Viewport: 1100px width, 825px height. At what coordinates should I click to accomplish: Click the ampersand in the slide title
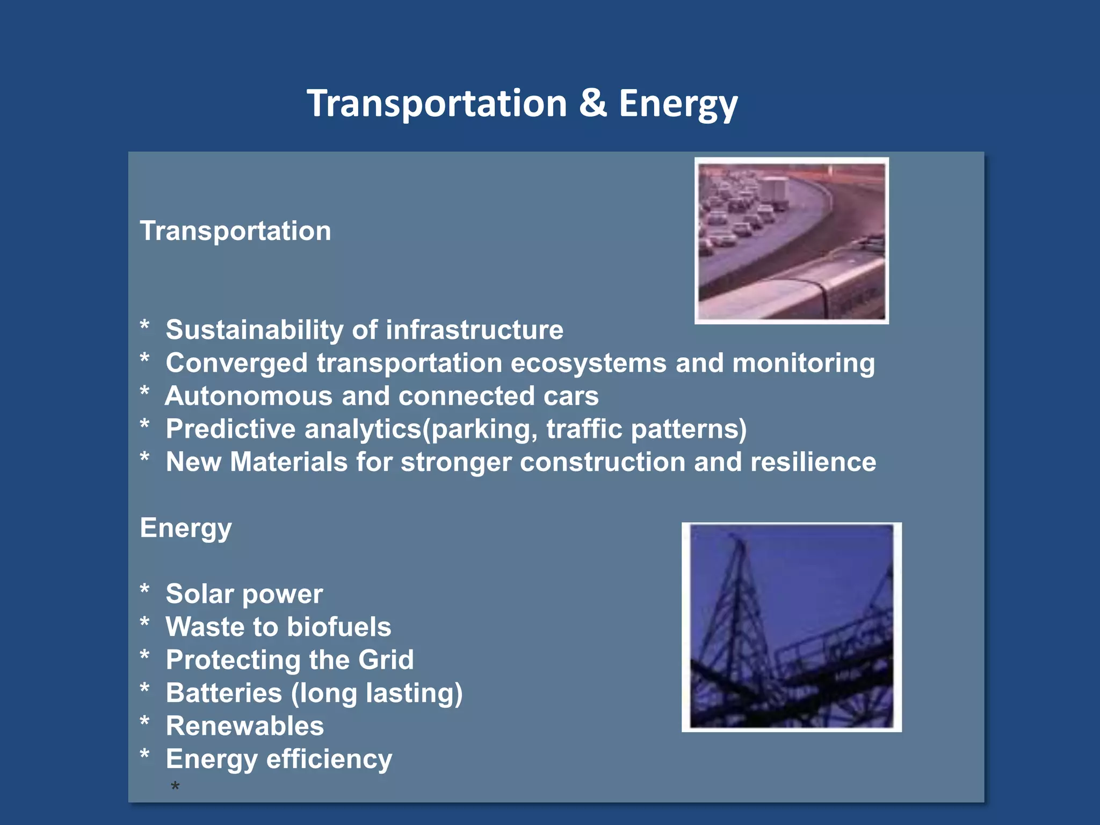click(x=593, y=103)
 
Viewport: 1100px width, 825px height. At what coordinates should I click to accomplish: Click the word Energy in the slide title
click(x=678, y=105)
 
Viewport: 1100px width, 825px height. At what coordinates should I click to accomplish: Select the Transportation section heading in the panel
click(x=235, y=231)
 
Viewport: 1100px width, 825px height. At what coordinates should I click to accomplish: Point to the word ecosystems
click(x=588, y=364)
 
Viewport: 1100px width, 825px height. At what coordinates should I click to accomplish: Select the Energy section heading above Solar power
click(x=186, y=529)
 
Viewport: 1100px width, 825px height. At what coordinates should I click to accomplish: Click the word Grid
click(x=386, y=660)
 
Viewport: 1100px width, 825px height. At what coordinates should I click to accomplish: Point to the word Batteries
click(x=223, y=693)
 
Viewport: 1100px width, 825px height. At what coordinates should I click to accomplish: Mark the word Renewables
click(x=245, y=726)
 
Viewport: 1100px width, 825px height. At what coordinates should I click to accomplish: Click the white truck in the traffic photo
click(x=773, y=193)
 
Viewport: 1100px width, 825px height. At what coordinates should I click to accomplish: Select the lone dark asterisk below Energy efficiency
click(x=175, y=787)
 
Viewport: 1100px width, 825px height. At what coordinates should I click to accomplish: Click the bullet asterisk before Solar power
click(x=144, y=590)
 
